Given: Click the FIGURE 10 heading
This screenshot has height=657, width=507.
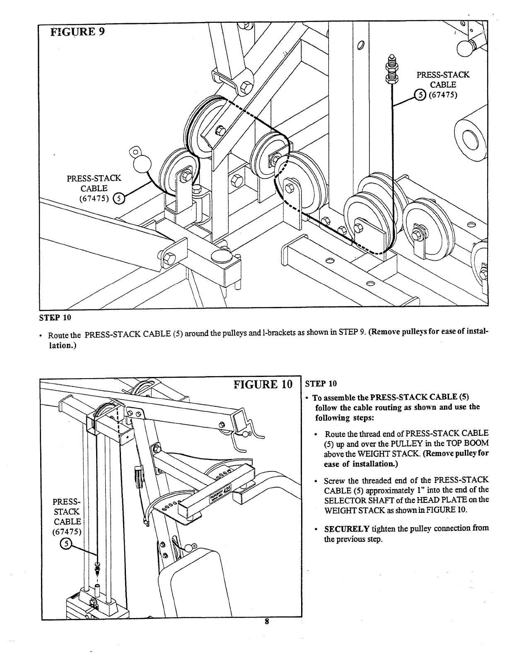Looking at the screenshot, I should tap(263, 384).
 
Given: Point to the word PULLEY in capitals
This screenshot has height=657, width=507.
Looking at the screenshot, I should tap(406, 443).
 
